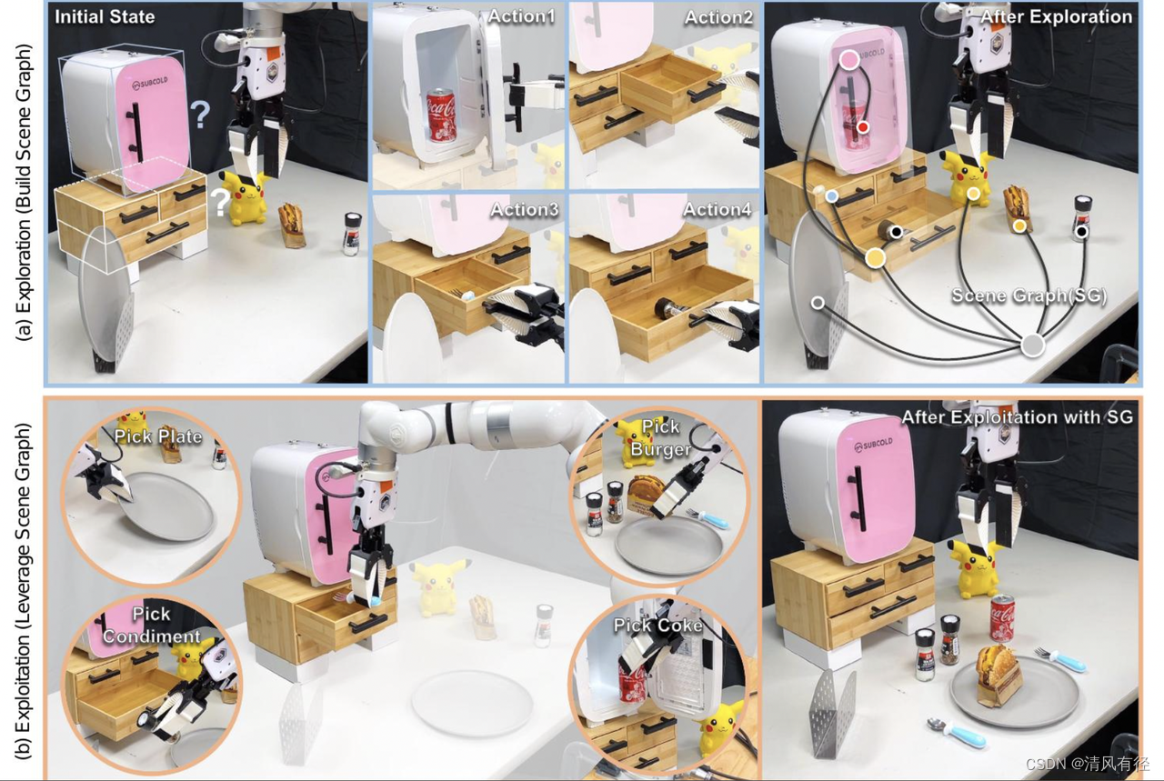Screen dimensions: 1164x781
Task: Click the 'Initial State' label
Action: click(x=105, y=16)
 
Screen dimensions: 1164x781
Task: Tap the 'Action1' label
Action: click(x=521, y=16)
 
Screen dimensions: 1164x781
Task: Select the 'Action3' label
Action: click(x=525, y=209)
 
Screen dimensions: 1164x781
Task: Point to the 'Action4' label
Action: click(x=717, y=209)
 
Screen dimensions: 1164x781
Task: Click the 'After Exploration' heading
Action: click(x=1056, y=16)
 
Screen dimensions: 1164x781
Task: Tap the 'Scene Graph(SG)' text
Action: click(x=1029, y=295)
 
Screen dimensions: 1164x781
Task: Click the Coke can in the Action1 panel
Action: click(x=442, y=115)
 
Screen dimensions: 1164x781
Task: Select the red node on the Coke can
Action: click(x=863, y=126)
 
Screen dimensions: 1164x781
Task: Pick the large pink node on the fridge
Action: click(x=848, y=60)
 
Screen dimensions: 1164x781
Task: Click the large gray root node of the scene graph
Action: click(x=1032, y=345)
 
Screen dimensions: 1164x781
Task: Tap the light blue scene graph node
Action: click(x=832, y=195)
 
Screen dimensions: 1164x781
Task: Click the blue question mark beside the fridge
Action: click(x=199, y=115)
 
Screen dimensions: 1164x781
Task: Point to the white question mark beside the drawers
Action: click(x=220, y=202)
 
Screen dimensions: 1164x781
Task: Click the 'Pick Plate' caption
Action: click(x=158, y=436)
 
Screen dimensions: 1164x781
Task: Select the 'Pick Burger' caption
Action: click(x=660, y=437)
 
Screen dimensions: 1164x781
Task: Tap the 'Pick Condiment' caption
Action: click(x=151, y=626)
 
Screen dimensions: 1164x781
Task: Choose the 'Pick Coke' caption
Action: click(x=657, y=626)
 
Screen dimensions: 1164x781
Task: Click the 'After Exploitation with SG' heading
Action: click(x=1017, y=417)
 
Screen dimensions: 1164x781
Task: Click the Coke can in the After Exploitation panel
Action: click(x=1002, y=618)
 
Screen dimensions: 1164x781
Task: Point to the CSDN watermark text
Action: click(x=1087, y=764)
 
